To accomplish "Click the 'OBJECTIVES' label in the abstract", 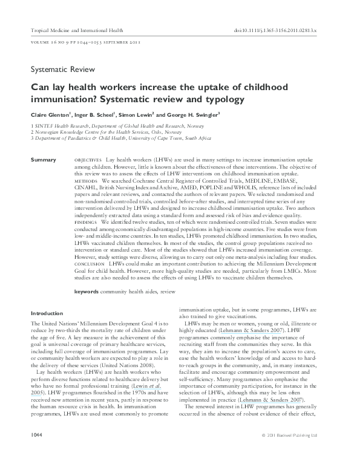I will [88, 158].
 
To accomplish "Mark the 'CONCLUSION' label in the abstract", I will [88, 264].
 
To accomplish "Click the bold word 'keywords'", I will [87, 292].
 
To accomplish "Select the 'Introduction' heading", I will [47, 313].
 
